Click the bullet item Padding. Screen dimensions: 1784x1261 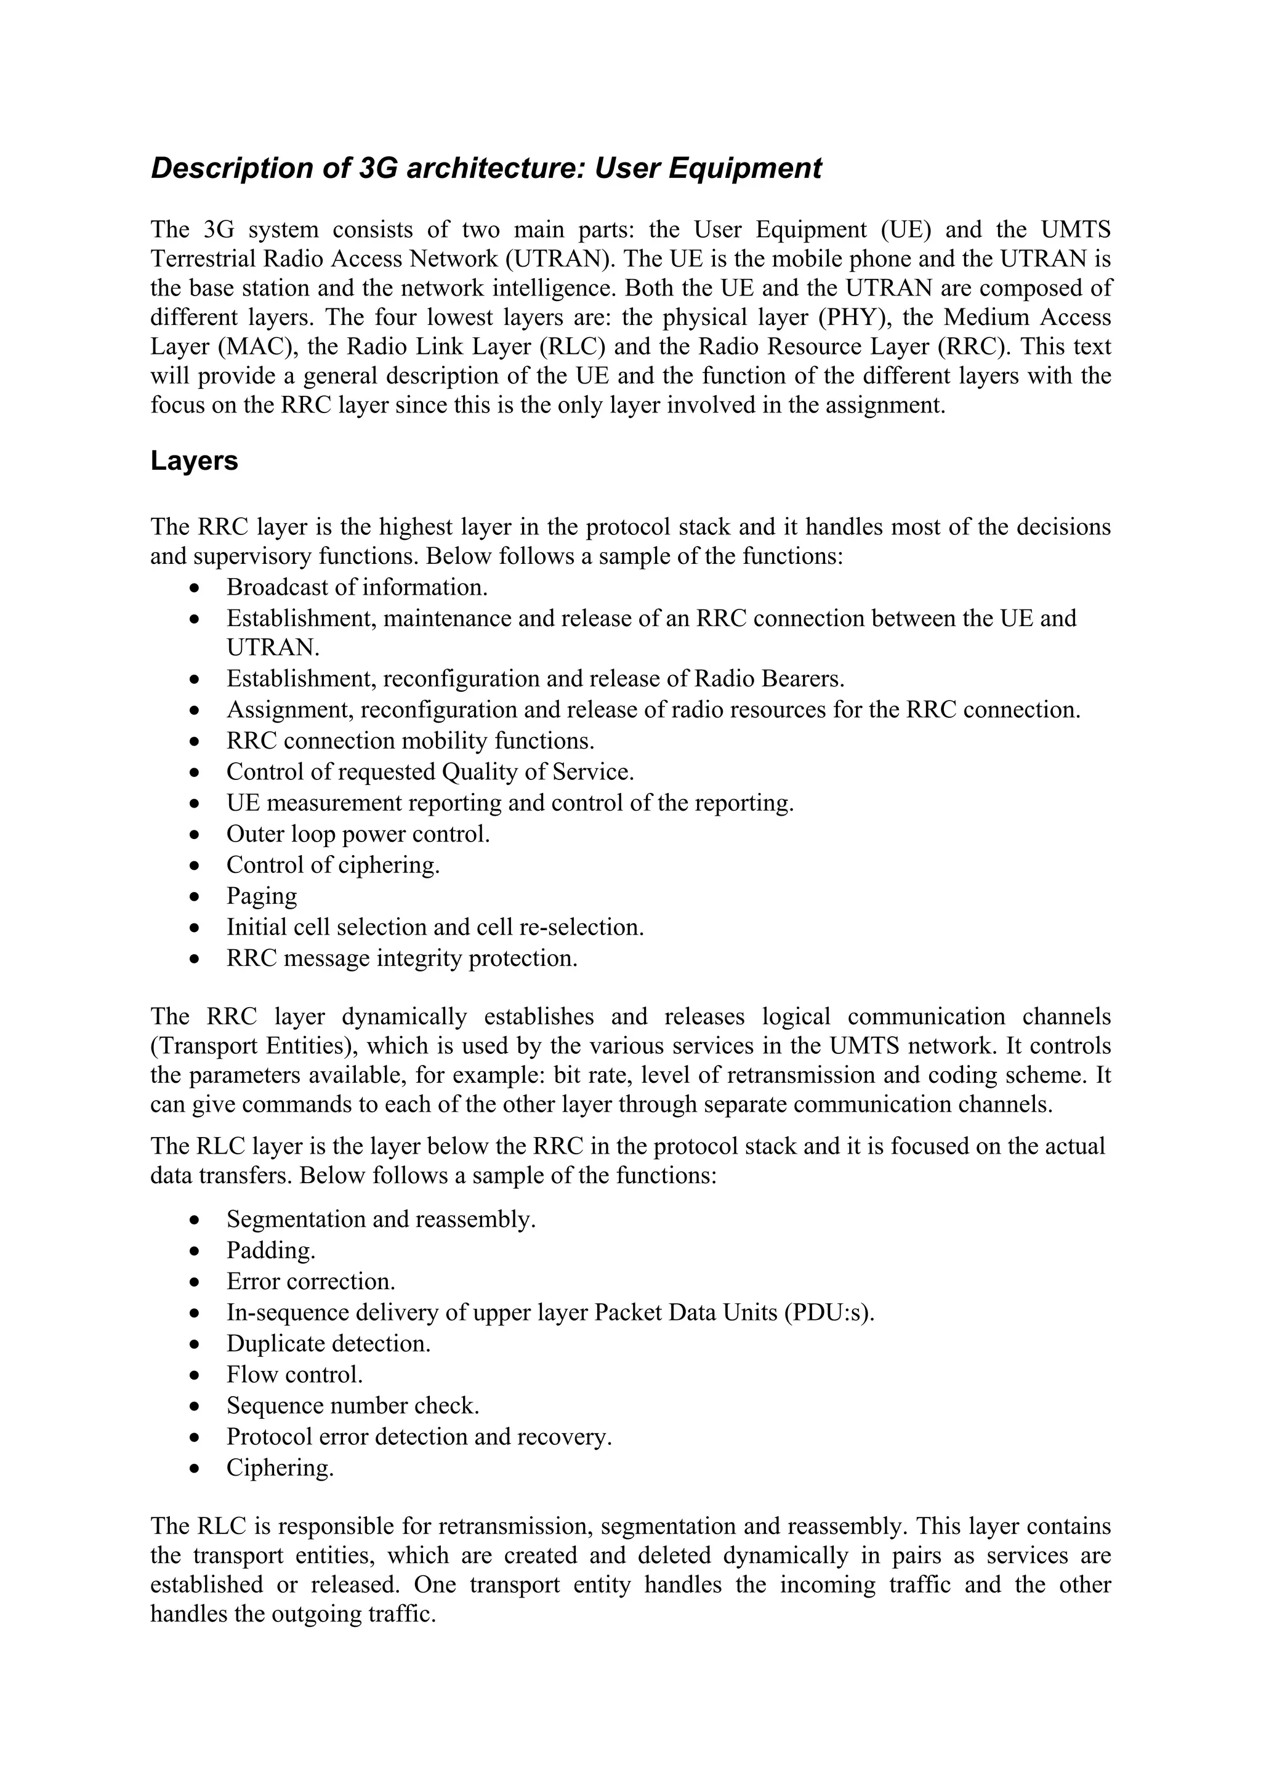point(271,1251)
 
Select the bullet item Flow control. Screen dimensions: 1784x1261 point(294,1375)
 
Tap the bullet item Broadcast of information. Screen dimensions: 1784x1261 point(357,587)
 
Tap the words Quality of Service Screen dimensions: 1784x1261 point(538,773)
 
